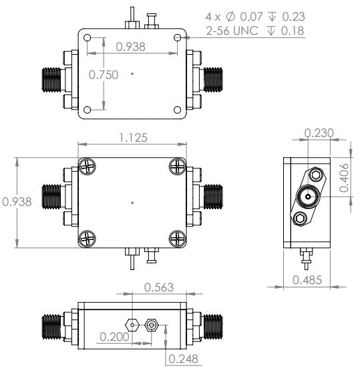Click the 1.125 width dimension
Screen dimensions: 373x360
[x=132, y=137]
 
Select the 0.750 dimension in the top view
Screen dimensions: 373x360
[x=104, y=74]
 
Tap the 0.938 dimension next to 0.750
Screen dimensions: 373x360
[x=132, y=47]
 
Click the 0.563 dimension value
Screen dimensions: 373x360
[x=160, y=287]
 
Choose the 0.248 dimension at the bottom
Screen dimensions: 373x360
[x=183, y=359]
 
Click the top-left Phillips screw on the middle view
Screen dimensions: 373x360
[x=87, y=166]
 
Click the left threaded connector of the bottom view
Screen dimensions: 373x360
[x=51, y=326]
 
